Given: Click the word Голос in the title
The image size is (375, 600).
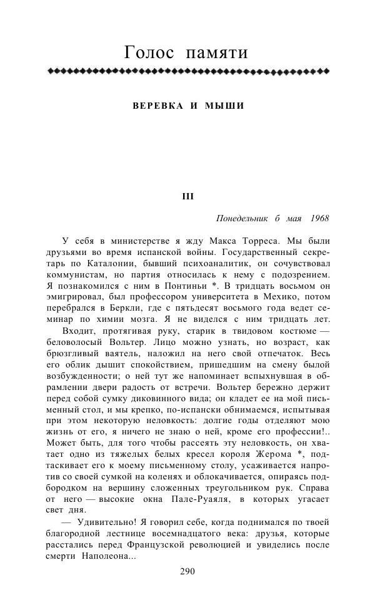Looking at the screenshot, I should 149,52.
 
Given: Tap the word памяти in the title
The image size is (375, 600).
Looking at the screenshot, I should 217,54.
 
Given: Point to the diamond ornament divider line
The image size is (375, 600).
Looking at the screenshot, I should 188,71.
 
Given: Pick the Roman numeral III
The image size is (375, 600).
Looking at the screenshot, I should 188,196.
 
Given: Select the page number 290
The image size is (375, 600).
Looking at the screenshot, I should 188,571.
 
